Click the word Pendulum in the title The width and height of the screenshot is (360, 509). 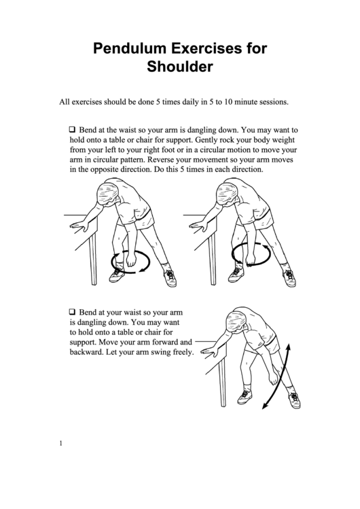130,48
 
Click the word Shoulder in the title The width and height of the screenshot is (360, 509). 180,67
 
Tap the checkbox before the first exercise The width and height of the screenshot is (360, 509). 72,129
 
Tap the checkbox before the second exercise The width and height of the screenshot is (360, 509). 72,312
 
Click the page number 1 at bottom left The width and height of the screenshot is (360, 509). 60,444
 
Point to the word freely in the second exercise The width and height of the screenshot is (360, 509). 183,352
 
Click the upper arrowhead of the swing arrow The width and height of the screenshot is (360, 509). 288,348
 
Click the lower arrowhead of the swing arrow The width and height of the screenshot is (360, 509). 265,405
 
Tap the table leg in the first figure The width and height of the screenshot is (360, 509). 94,260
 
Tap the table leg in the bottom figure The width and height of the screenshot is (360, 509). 222,383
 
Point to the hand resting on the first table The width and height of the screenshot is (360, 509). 78,226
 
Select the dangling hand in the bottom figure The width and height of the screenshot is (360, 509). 274,378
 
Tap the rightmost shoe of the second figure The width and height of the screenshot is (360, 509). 288,278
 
